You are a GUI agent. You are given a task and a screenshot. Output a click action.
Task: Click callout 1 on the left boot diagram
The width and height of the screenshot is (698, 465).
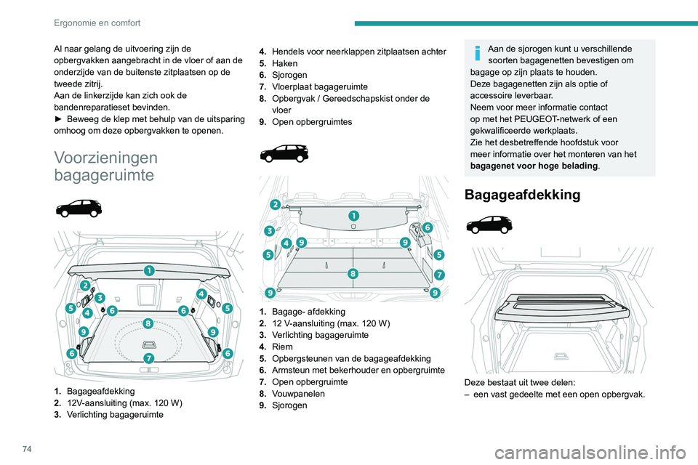(x=148, y=270)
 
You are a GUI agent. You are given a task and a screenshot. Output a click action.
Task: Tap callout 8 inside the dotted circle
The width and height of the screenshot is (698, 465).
(x=148, y=323)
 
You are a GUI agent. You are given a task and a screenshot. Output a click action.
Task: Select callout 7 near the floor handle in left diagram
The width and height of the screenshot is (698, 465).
(x=148, y=358)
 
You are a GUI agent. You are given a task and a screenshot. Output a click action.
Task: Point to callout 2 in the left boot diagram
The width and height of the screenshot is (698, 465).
(x=86, y=286)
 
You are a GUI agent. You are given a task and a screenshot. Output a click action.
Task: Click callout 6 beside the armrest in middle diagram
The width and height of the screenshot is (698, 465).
(x=427, y=227)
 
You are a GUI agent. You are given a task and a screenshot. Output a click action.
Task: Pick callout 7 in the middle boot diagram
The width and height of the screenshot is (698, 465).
(x=440, y=275)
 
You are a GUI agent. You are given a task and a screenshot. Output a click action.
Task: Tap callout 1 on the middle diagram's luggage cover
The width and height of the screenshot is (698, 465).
(x=353, y=216)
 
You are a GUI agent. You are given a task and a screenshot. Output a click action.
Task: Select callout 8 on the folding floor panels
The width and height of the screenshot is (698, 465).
(x=353, y=274)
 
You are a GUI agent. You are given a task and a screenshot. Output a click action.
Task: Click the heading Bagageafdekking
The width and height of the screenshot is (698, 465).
(x=521, y=195)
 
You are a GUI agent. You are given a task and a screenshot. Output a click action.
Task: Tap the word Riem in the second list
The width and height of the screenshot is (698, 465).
(x=282, y=347)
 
